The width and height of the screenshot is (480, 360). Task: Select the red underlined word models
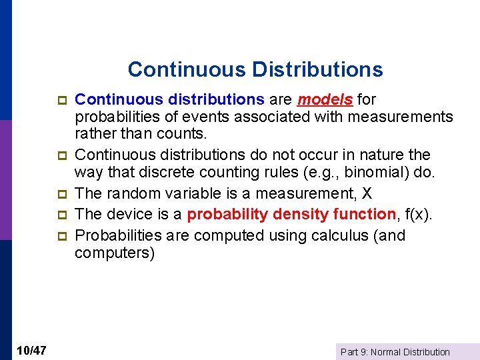(x=325, y=100)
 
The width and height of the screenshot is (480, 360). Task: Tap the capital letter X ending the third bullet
(x=367, y=193)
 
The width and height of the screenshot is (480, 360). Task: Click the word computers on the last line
(x=114, y=253)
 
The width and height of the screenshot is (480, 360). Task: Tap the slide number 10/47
(x=31, y=351)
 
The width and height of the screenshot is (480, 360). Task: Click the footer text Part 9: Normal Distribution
(x=395, y=352)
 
